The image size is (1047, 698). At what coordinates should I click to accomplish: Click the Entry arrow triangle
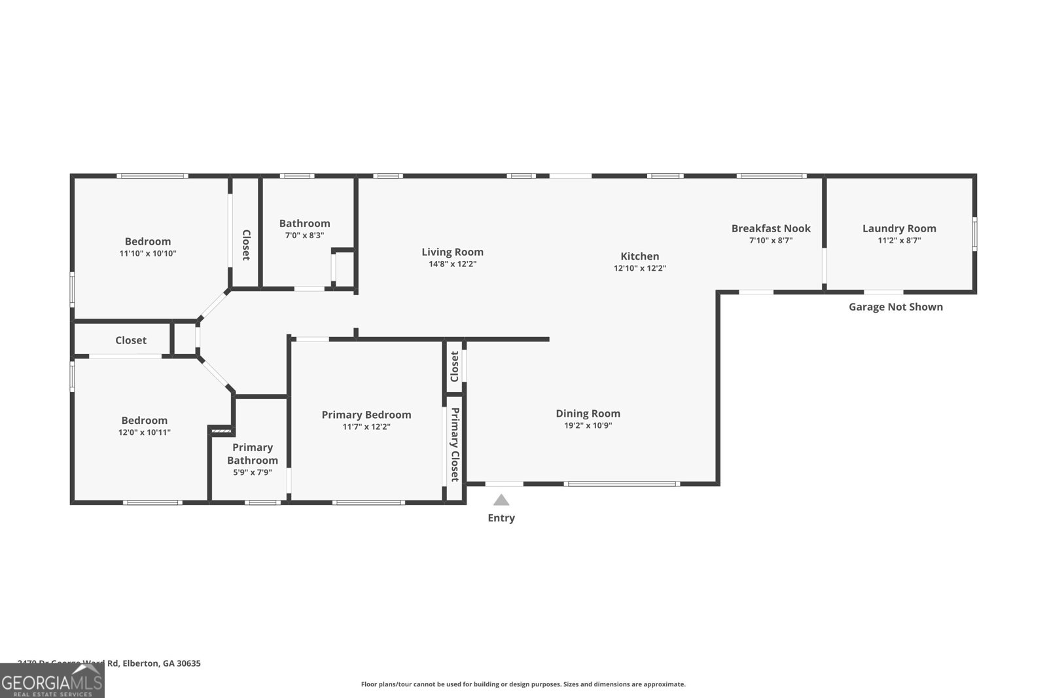(x=501, y=500)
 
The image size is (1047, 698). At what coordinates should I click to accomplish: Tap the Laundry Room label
(x=899, y=228)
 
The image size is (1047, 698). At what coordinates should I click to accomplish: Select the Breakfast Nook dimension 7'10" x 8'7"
(x=771, y=241)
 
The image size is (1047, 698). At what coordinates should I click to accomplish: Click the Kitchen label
(x=639, y=256)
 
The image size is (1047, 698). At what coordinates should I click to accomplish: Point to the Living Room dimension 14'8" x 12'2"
(x=452, y=264)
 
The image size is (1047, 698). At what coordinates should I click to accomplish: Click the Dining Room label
(x=588, y=413)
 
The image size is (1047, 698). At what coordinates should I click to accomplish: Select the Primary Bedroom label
(x=366, y=415)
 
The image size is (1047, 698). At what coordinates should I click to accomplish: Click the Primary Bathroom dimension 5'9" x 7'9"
(x=253, y=472)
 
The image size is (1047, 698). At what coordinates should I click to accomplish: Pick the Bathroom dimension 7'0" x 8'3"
(x=304, y=236)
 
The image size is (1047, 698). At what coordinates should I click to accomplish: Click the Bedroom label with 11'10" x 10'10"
(x=148, y=241)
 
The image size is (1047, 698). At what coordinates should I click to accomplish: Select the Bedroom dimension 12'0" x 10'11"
(x=145, y=432)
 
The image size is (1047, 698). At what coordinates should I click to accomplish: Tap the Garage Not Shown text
(x=896, y=307)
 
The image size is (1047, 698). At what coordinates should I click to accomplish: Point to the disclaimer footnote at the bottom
(x=523, y=684)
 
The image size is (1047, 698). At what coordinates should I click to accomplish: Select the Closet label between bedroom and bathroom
(x=246, y=245)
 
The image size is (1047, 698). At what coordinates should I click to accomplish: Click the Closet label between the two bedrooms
(x=131, y=340)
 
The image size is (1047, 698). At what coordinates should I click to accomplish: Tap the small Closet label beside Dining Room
(x=454, y=366)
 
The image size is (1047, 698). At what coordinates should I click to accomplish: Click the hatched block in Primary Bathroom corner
(x=221, y=431)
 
